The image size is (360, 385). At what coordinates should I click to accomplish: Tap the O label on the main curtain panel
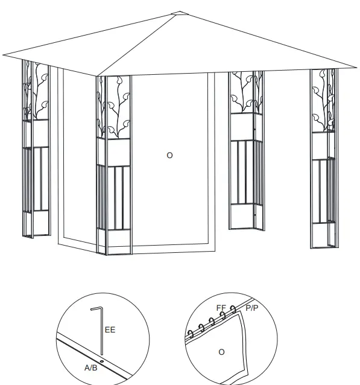169,155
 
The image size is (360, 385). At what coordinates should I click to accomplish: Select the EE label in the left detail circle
110,330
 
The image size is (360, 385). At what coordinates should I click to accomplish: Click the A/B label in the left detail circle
91,367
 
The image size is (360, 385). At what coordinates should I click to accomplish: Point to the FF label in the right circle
221,308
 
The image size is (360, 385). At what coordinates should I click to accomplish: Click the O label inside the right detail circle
221,352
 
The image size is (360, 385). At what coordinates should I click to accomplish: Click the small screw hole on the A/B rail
102,361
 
